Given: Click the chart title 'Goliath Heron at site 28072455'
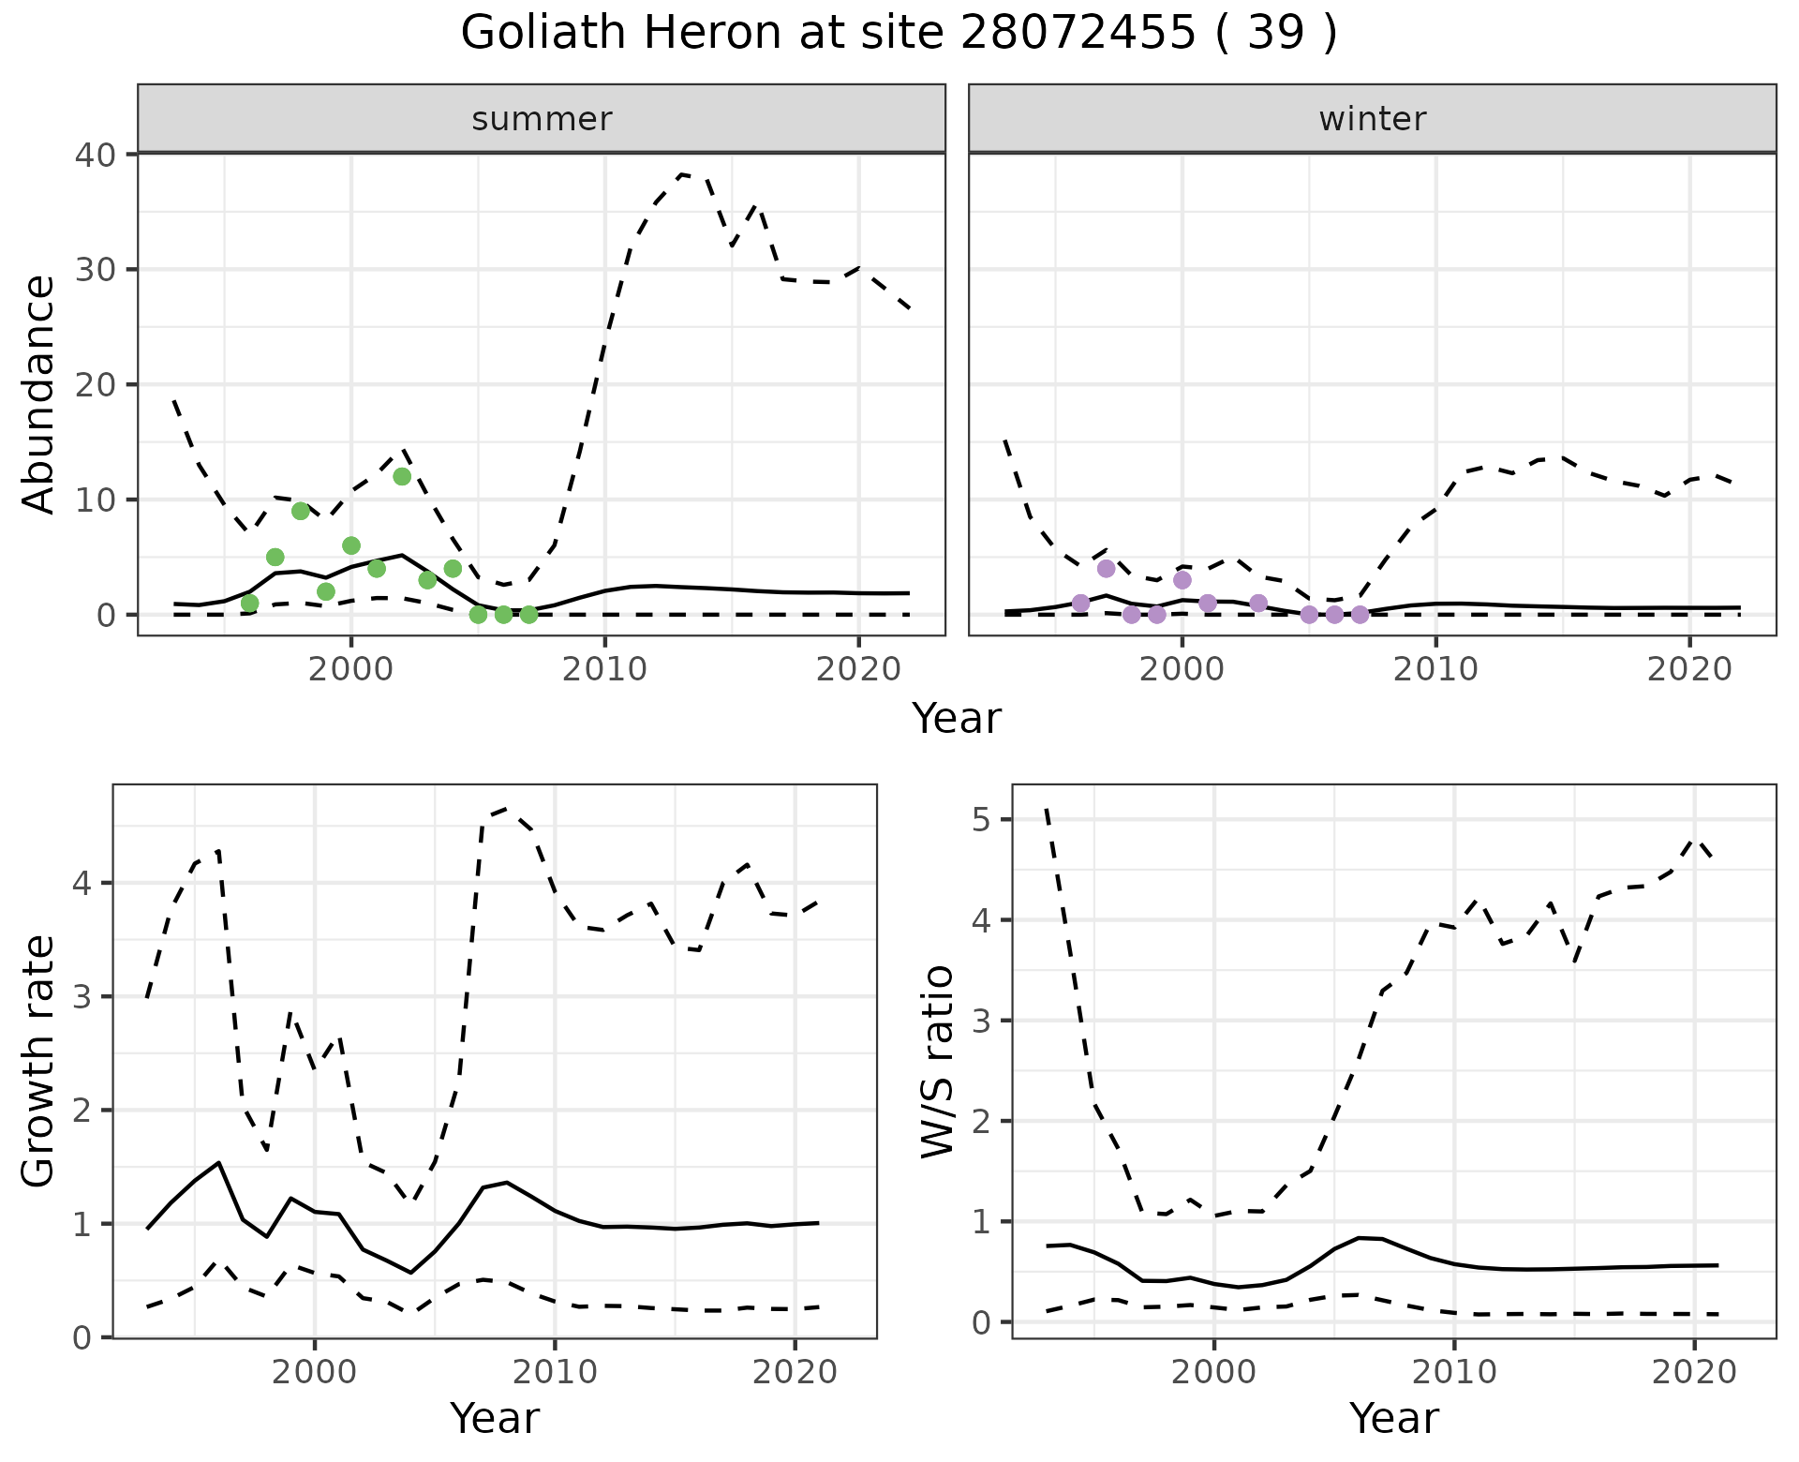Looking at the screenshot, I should (898, 34).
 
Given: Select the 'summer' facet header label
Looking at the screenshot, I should (542, 119).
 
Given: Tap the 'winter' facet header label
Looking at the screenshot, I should (1372, 119).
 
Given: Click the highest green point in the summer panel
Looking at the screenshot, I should (402, 476).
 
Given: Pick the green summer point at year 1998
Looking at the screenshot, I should (301, 511).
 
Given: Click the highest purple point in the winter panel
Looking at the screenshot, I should (1106, 568).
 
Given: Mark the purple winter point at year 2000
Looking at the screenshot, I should (1182, 580).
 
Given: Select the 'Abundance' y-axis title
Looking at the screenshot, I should (39, 394).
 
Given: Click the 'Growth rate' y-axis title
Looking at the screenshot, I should (39, 1062).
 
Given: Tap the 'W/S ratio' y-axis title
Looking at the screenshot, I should (937, 1062).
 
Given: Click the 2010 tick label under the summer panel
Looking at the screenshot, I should (604, 670).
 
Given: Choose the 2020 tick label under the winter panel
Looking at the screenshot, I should (1689, 670).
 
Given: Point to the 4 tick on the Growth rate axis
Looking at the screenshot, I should (82, 884).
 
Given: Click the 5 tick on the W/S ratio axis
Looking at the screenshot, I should (981, 820).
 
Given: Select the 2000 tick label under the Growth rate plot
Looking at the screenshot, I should (315, 1373).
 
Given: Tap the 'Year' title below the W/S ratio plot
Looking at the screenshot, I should (1393, 1418).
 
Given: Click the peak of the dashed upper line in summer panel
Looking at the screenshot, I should (683, 174).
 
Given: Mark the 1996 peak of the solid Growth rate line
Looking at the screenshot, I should (218, 1162).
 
